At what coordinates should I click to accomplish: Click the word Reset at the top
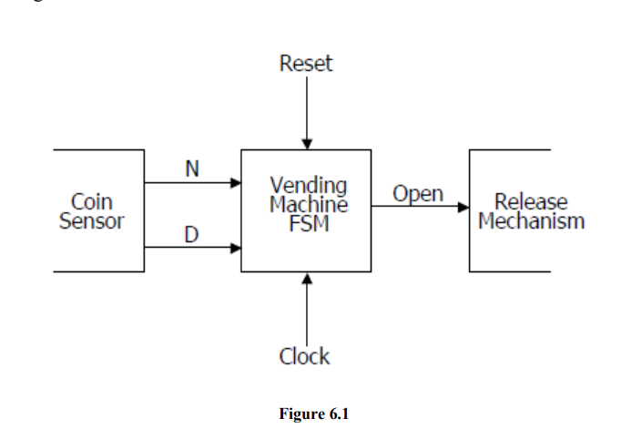306,64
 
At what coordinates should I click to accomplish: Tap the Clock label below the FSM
304,356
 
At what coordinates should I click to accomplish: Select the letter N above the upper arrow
192,168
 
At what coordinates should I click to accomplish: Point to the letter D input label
191,234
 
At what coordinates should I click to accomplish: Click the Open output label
418,194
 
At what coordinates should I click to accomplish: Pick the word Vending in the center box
309,186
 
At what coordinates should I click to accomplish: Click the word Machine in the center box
309,204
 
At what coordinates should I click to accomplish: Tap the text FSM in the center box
309,223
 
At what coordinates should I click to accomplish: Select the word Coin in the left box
92,201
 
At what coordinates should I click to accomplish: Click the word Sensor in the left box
92,220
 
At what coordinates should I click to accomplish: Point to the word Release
531,201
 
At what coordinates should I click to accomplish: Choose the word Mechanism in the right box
532,220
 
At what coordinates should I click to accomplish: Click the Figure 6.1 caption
313,413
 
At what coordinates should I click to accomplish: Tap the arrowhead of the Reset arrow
307,144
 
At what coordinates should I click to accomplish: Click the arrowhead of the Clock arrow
307,278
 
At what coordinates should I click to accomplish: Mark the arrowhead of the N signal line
236,183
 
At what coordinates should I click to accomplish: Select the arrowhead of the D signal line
236,249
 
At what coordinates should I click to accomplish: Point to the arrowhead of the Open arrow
463,208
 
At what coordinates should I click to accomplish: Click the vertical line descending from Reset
307,107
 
